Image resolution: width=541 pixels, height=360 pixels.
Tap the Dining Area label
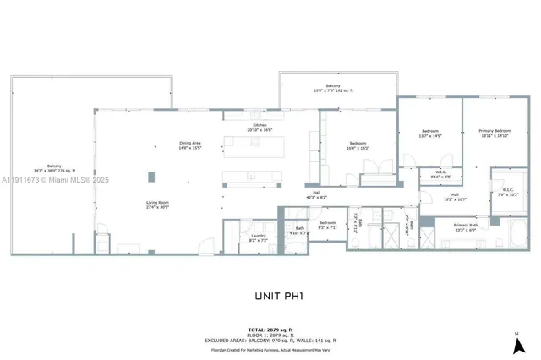point(189,145)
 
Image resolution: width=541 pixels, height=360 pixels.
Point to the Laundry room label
point(234,238)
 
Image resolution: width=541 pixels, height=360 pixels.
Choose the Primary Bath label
point(467,227)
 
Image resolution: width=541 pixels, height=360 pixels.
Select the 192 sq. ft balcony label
point(338,87)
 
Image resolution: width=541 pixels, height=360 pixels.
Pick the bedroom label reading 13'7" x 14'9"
point(431,133)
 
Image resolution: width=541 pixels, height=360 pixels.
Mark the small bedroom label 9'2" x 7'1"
point(327,226)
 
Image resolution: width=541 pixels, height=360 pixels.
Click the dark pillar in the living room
point(151,177)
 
